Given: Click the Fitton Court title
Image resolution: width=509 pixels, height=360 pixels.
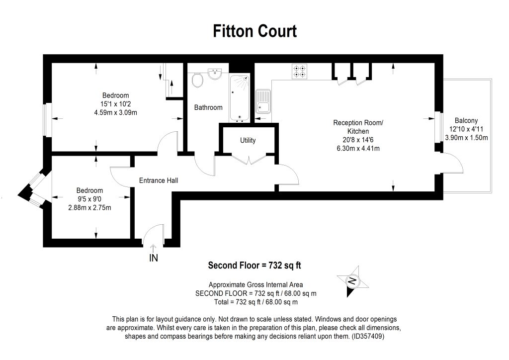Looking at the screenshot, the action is (254, 31).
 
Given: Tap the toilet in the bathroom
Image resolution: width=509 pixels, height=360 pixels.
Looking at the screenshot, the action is (197, 80).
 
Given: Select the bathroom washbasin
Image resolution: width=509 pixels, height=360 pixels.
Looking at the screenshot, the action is (215, 74).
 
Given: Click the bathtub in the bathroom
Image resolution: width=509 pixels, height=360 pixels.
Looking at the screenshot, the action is (240, 98).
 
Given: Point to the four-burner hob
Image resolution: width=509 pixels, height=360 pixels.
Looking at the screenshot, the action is (299, 72).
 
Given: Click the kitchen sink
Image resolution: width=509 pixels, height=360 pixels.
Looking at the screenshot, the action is (263, 101).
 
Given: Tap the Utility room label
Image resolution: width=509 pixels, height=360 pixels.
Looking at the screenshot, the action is (248, 140).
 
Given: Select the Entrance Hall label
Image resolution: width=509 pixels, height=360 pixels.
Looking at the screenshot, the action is (159, 180).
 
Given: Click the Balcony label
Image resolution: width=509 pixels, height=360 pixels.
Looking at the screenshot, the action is (466, 120).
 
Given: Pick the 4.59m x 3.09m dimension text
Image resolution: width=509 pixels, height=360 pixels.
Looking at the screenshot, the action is (115, 113).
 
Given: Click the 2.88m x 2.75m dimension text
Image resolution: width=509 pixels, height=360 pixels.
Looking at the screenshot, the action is (89, 208).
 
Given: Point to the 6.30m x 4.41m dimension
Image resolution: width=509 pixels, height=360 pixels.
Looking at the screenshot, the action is (358, 148).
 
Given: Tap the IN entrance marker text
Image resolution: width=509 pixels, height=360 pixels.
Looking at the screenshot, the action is (154, 258).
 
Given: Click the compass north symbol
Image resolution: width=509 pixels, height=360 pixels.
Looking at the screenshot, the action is (352, 281).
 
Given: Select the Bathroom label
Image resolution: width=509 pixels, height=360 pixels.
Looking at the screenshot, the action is (208, 107).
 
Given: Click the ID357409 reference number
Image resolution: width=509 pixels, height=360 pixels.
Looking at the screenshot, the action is (368, 336).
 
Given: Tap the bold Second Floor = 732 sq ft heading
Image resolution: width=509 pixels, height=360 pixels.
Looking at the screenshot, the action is (254, 266).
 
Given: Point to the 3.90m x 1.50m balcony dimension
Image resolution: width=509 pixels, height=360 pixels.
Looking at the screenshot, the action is (466, 138).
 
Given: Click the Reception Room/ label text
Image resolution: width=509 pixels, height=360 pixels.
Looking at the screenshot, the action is (358, 123).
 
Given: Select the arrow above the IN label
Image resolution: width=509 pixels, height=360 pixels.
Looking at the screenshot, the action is (154, 248).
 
